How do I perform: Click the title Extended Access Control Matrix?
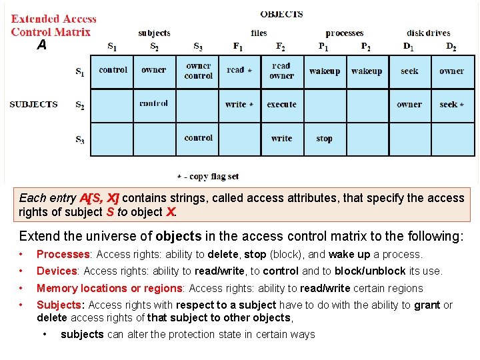(x=53, y=25)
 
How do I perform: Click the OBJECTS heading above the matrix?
(x=281, y=14)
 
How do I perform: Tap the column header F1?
(x=238, y=47)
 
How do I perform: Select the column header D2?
(x=451, y=47)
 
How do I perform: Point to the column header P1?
(x=323, y=47)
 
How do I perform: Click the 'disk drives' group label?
(x=428, y=33)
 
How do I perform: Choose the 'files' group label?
(x=259, y=33)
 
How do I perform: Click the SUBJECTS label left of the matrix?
(x=33, y=104)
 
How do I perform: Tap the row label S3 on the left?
(x=80, y=139)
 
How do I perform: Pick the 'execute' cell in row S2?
(x=281, y=105)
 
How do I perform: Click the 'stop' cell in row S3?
(x=325, y=139)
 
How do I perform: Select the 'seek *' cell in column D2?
(x=451, y=104)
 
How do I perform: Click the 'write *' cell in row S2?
(x=239, y=105)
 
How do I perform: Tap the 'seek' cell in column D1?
(x=409, y=71)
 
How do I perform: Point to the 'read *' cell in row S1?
(x=239, y=70)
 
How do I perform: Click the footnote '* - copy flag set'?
(x=207, y=177)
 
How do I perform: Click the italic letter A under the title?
(x=42, y=45)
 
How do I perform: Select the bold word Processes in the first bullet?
(x=63, y=254)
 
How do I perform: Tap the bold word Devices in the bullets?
(x=57, y=271)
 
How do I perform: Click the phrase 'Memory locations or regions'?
(x=111, y=288)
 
